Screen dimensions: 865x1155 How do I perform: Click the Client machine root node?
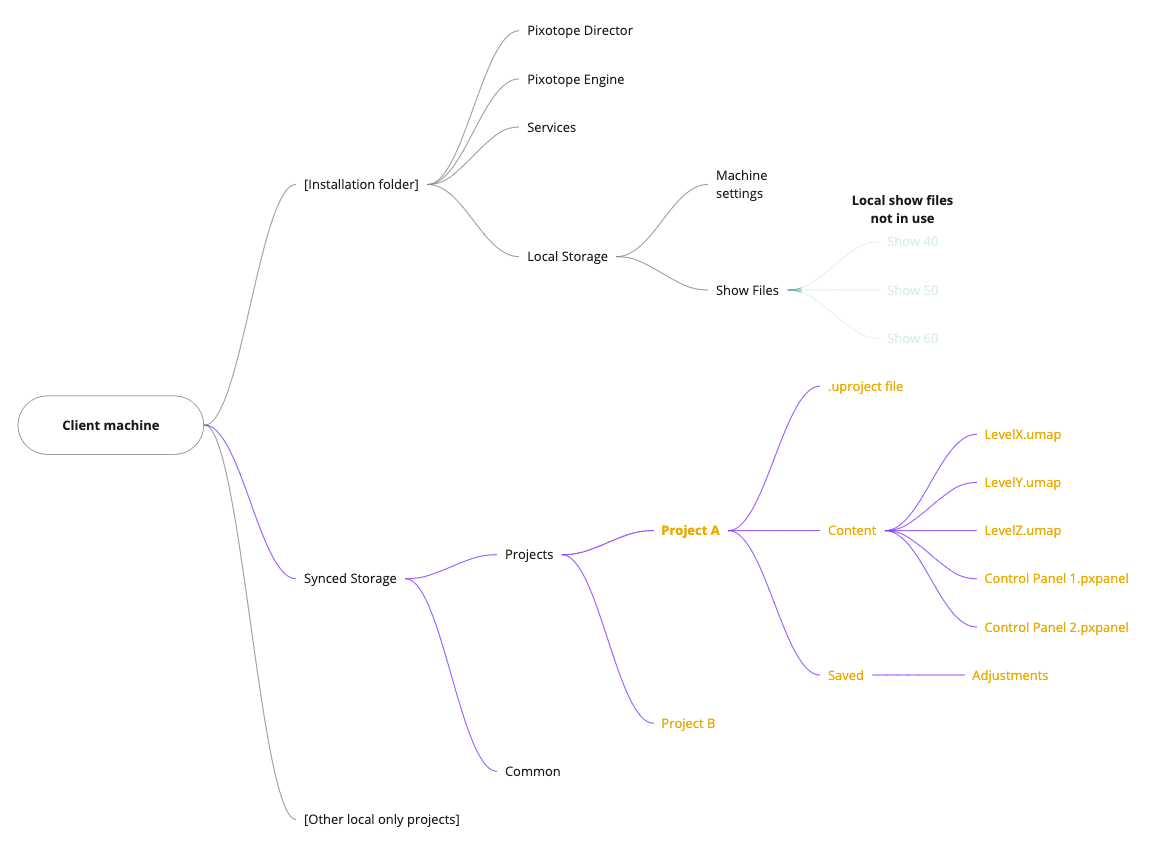pos(111,425)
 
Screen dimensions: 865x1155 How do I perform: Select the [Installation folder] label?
pos(361,184)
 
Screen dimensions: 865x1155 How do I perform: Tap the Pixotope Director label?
pos(580,31)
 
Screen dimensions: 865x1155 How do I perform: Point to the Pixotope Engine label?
pos(576,80)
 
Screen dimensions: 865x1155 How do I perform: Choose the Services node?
pos(551,128)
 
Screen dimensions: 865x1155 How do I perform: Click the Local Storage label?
pos(567,257)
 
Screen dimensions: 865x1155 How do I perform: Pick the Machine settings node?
pos(741,185)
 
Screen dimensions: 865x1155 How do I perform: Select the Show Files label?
pos(747,291)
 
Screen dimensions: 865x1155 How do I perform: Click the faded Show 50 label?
pos(912,291)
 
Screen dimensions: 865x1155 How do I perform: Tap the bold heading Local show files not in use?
pos(902,209)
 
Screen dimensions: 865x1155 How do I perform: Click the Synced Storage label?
pos(350,579)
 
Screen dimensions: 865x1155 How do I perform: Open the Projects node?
pos(529,555)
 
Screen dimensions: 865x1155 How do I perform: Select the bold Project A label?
pos(690,531)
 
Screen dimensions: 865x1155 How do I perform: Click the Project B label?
pos(688,724)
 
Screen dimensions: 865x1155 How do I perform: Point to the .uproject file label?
pos(865,387)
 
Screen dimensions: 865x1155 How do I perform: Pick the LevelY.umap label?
pos(1022,483)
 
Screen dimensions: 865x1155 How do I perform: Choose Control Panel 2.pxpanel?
pos(1056,628)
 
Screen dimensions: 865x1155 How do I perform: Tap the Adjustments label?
pos(1010,676)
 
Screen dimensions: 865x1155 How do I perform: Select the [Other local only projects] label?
pos(382,820)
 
